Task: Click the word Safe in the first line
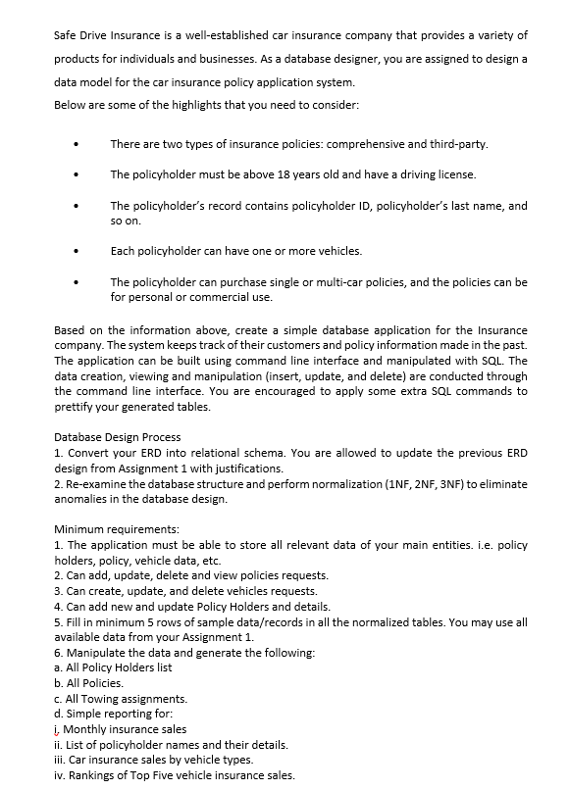(66, 35)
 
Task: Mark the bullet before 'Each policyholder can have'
(76, 251)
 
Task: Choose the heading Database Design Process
(117, 436)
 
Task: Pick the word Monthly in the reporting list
(89, 729)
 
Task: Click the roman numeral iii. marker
(60, 761)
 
